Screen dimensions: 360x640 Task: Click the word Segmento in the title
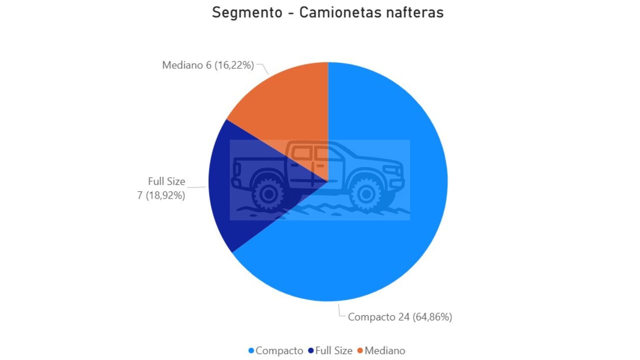[247, 13]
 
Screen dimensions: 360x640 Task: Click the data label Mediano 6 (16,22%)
[208, 65]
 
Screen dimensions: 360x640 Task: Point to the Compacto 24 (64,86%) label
[400, 317]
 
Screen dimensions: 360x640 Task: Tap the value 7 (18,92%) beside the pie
[161, 195]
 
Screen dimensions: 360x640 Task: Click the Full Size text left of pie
[166, 181]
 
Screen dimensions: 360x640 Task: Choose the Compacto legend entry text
[279, 351]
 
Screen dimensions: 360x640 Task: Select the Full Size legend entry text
[334, 351]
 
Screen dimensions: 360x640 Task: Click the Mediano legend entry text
[385, 351]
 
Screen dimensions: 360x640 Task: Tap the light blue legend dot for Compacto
[251, 351]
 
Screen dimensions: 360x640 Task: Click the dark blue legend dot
[311, 351]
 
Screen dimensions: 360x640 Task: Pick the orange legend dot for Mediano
[360, 351]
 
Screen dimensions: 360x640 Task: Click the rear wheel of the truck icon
[268, 194]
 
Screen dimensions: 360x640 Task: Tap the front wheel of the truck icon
[366, 194]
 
